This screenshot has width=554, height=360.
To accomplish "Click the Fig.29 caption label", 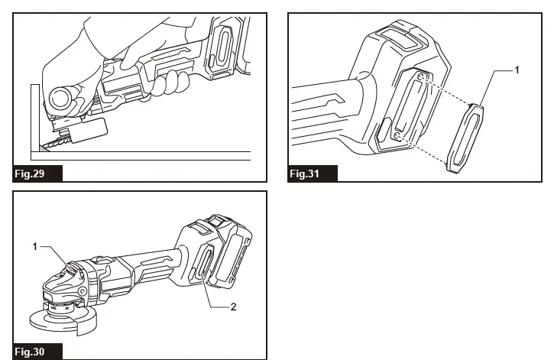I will click(x=30, y=174).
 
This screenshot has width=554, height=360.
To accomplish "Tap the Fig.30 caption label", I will click(x=30, y=352).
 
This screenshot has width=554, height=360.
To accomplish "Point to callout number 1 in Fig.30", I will click(x=35, y=246).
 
